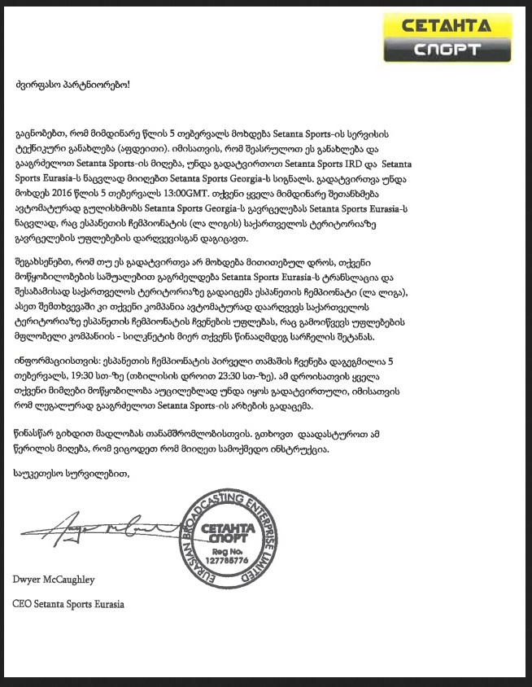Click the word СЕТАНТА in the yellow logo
click(x=447, y=25)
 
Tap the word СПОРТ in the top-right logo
click(x=447, y=48)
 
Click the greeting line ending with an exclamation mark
click(x=72, y=85)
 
